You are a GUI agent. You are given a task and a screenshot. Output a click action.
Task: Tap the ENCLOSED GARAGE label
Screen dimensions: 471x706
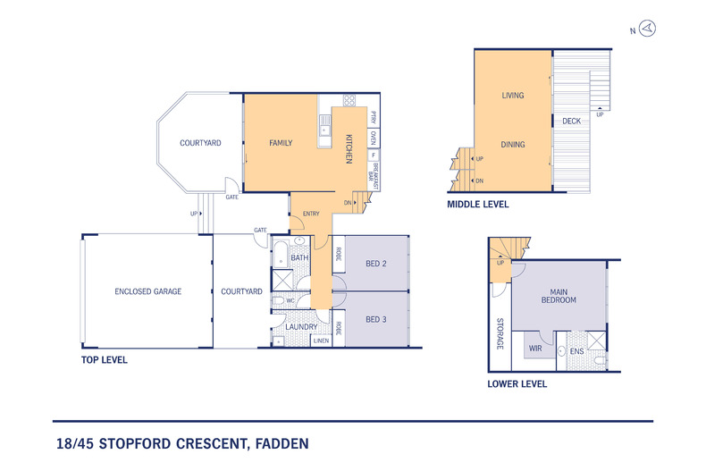click(148, 291)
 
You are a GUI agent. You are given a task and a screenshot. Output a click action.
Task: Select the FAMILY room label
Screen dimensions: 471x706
click(283, 143)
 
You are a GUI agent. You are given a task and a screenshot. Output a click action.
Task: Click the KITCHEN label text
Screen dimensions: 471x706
click(349, 148)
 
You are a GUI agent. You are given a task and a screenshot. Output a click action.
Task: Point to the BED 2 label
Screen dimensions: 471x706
click(377, 264)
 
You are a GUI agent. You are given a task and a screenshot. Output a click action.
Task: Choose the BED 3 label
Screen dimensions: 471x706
click(377, 319)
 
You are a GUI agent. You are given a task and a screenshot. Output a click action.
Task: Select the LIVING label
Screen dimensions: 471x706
click(512, 96)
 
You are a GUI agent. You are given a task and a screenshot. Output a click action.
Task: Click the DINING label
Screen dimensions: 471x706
click(512, 144)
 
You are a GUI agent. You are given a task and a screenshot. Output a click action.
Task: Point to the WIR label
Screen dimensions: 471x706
click(535, 348)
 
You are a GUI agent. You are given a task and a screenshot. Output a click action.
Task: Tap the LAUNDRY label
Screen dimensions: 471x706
click(301, 327)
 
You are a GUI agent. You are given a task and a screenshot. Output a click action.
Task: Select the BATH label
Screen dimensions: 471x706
click(299, 258)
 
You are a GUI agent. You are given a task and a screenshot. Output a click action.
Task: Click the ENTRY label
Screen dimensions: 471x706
click(311, 214)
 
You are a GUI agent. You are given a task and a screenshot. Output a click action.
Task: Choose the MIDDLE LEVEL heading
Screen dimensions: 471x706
click(478, 205)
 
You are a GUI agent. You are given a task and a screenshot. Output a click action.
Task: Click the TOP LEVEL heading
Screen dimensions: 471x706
click(104, 360)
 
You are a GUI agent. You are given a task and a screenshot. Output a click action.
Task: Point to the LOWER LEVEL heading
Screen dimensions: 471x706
click(517, 384)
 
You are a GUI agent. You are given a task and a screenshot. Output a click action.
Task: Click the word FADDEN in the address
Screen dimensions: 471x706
click(279, 442)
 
